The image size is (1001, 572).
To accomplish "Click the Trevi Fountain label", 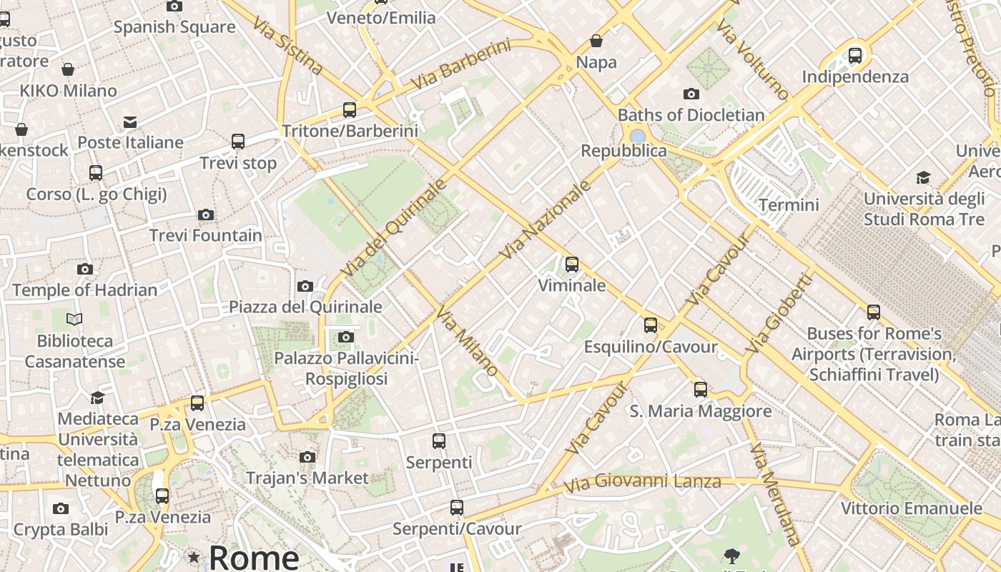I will [x=206, y=235].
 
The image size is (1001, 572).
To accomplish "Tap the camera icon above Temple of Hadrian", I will [x=85, y=270].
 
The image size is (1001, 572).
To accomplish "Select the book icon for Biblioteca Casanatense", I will [x=74, y=319].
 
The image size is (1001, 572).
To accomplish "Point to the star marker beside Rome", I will [x=194, y=556].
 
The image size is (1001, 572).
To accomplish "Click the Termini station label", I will [x=789, y=205].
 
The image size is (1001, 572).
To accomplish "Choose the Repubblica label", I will [x=623, y=151].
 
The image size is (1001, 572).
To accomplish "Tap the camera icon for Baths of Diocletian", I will [x=691, y=94].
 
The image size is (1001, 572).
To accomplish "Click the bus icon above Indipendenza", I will [x=855, y=56].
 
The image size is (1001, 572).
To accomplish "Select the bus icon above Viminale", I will [x=571, y=265].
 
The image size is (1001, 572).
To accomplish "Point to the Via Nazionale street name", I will [x=546, y=220].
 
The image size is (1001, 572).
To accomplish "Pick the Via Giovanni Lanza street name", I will [x=642, y=483].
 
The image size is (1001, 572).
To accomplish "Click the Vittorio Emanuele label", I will [x=911, y=508].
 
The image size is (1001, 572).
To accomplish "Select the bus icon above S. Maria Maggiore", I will [x=701, y=390].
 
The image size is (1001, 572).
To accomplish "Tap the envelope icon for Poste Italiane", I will [x=130, y=122].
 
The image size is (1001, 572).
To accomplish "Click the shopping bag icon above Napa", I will [x=596, y=41].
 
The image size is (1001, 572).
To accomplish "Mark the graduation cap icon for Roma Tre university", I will [x=924, y=177].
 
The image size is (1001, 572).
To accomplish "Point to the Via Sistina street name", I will [x=287, y=44].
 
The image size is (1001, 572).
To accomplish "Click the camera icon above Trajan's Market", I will [x=307, y=457].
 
